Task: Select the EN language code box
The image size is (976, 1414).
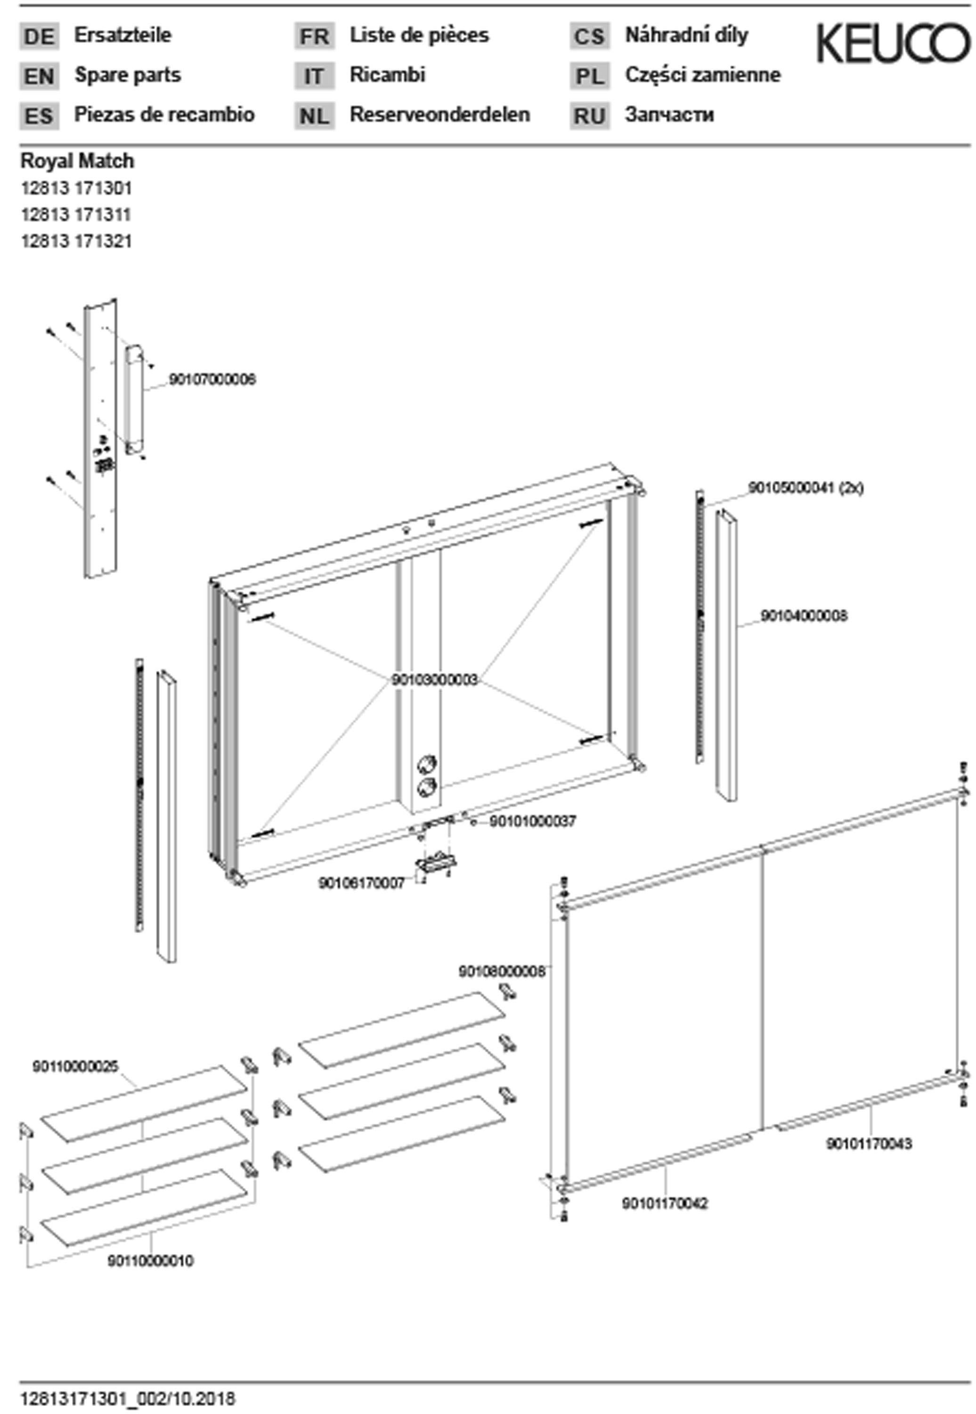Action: (x=39, y=76)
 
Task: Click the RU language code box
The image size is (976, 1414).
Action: (x=590, y=115)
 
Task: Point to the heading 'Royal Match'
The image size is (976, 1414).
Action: (x=77, y=161)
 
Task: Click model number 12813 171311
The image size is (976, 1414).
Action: (x=76, y=214)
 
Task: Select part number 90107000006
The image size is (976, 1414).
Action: (x=211, y=379)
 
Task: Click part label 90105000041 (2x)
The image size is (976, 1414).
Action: (x=805, y=488)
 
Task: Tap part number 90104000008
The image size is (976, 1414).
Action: (x=804, y=616)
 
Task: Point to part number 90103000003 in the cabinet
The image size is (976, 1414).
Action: (x=434, y=680)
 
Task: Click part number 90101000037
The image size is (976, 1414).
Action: (x=532, y=821)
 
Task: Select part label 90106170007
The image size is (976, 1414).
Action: (x=361, y=883)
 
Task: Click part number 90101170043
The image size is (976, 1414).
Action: (x=869, y=1143)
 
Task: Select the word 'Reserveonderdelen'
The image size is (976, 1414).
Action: (x=439, y=115)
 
